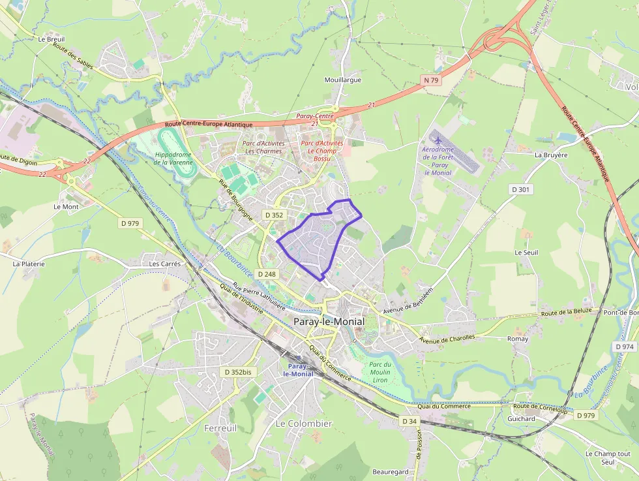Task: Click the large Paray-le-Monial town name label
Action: coord(329,321)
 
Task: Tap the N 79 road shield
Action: coord(430,80)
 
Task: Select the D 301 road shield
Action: coord(521,189)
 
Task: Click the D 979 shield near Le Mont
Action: coord(130,223)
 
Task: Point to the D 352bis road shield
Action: coord(237,372)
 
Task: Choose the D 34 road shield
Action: coord(409,421)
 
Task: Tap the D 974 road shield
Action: coord(624,347)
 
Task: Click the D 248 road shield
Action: coord(267,274)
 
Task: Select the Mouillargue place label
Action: coord(342,80)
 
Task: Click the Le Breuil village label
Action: coord(51,39)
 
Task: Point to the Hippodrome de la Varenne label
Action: coord(173,158)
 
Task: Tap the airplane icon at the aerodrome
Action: coord(437,140)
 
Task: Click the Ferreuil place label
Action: coord(220,428)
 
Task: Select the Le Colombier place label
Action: coord(304,424)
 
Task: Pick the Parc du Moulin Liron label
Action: coord(380,372)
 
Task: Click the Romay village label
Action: coord(518,339)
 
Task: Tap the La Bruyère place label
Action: coord(551,155)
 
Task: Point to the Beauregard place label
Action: coord(391,472)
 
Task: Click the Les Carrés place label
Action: coord(165,264)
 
